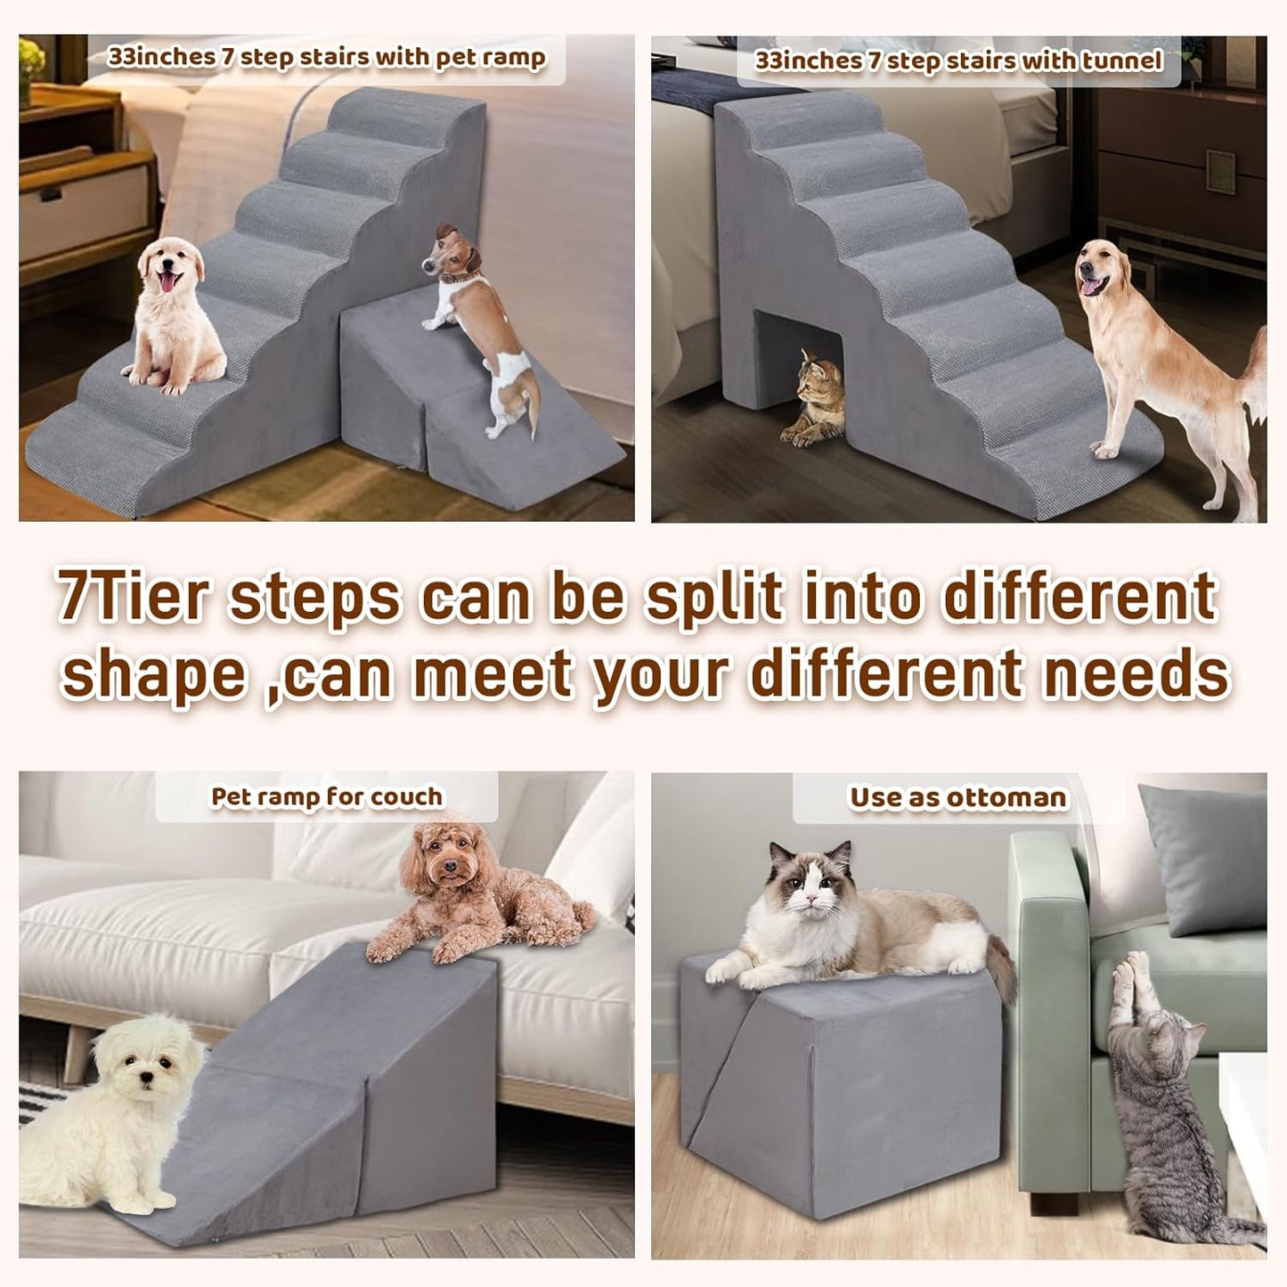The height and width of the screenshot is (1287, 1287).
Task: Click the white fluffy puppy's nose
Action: (147, 1079)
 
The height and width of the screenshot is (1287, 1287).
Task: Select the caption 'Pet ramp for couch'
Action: (326, 796)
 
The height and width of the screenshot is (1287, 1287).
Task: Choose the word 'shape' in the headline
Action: (153, 674)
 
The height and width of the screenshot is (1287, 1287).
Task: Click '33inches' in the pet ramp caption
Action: (161, 57)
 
